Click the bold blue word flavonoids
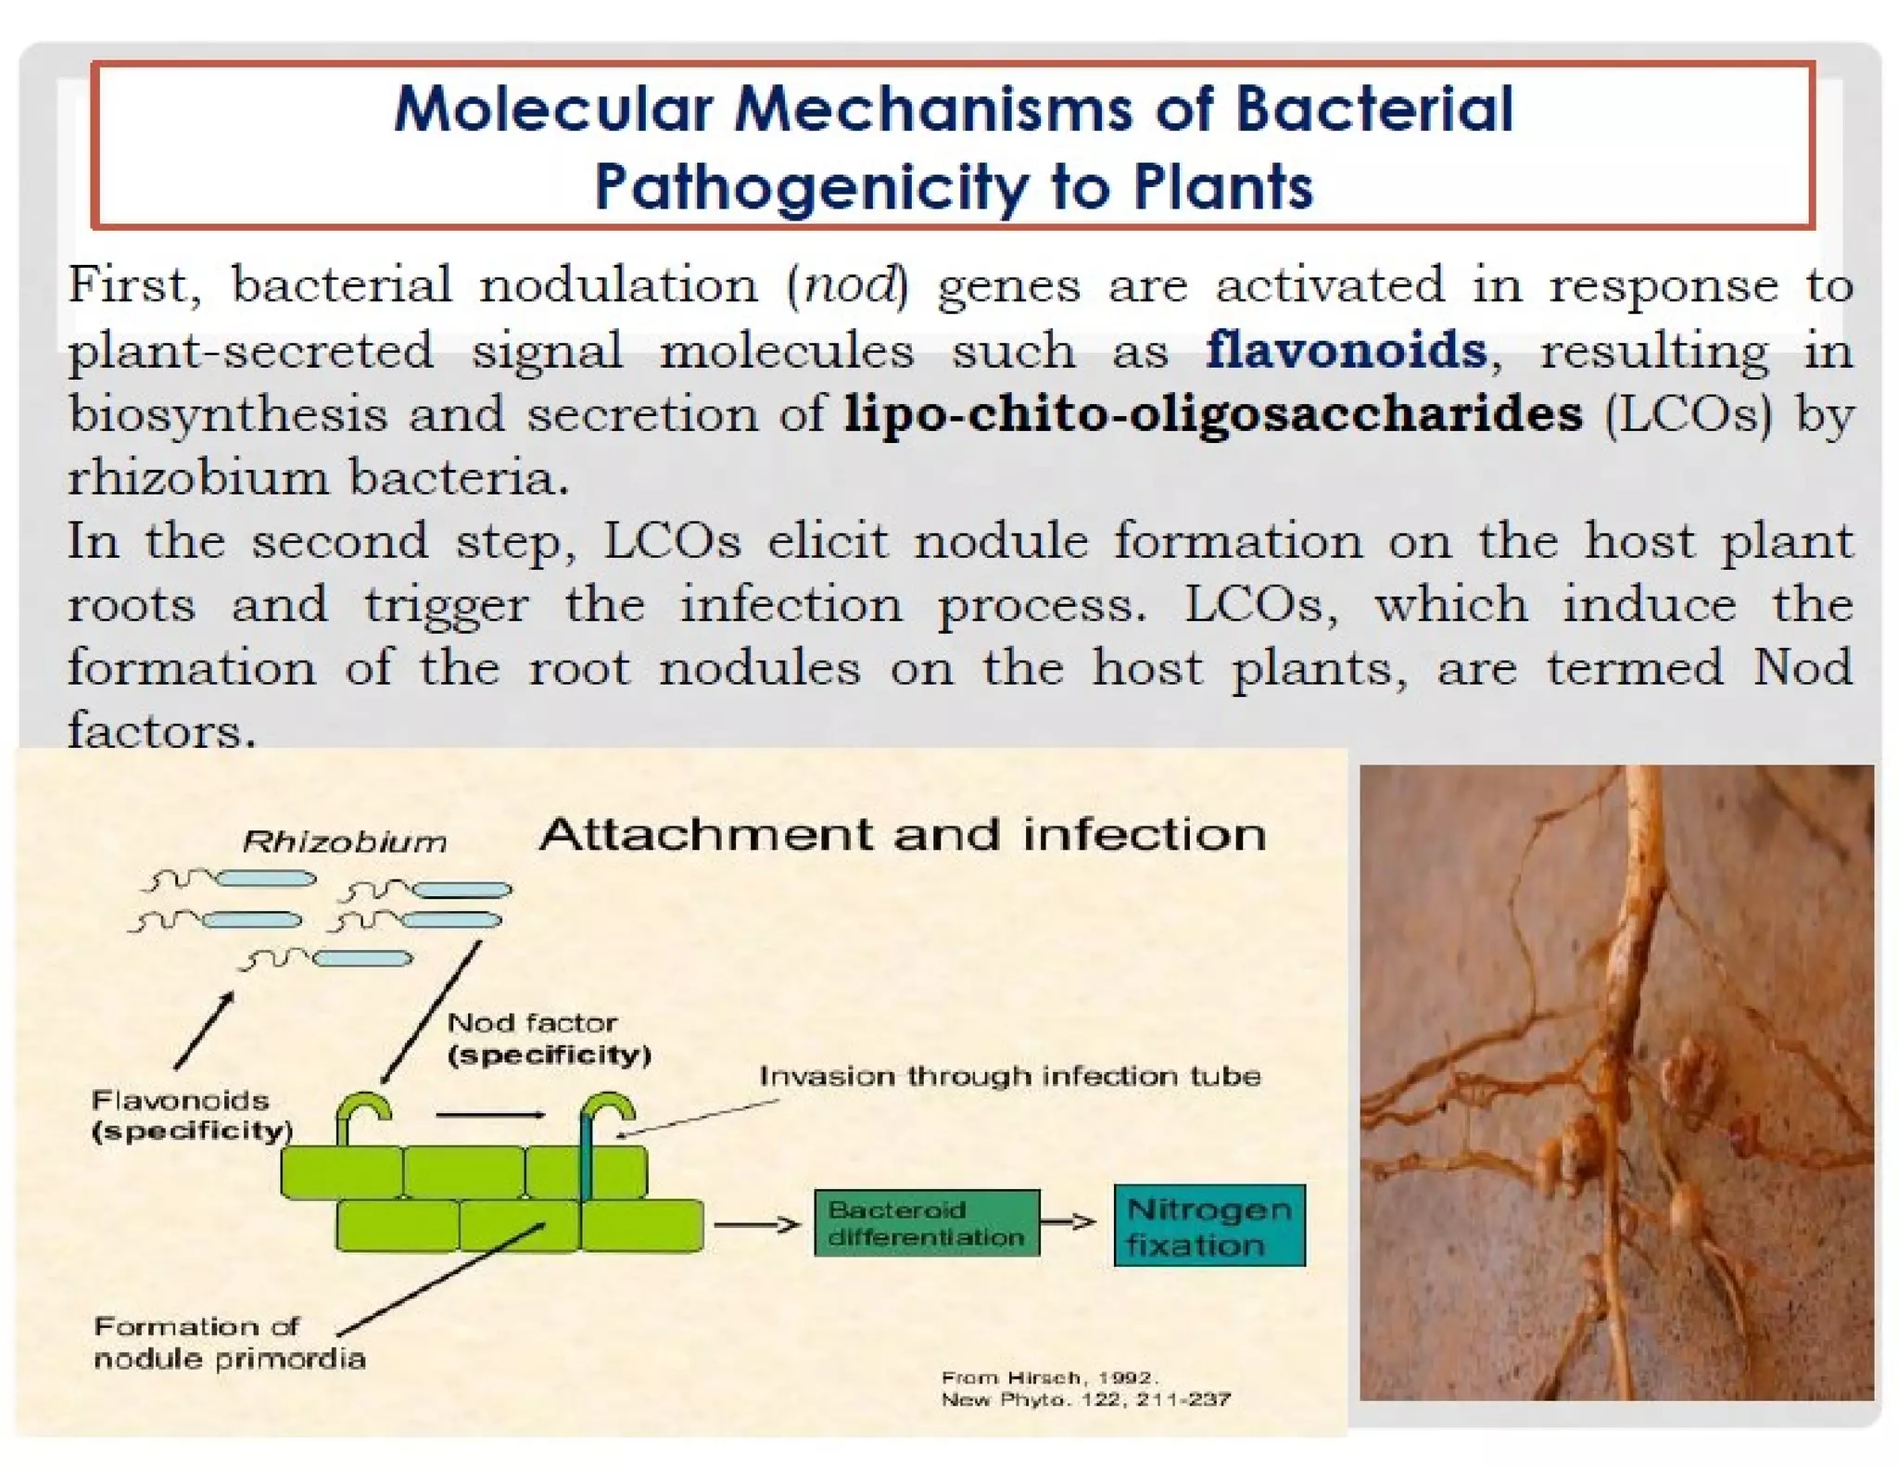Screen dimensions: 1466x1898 [x=1346, y=350]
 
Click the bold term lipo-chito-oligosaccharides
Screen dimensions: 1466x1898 [x=1212, y=413]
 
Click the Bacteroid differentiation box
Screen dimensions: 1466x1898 [x=926, y=1223]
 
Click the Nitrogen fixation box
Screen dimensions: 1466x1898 [x=1208, y=1226]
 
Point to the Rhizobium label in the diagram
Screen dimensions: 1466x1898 [x=344, y=841]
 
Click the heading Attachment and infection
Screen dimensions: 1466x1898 [x=902, y=834]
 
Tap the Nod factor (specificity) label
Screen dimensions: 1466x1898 [x=548, y=1039]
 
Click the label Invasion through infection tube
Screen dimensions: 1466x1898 [x=1009, y=1076]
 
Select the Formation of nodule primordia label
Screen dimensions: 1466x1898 [x=229, y=1343]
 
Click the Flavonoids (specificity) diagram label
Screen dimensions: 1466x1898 [x=191, y=1116]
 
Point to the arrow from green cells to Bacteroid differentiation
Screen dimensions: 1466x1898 [x=756, y=1225]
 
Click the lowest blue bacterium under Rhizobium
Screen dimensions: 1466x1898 [x=362, y=958]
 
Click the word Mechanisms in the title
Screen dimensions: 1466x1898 [x=933, y=109]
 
